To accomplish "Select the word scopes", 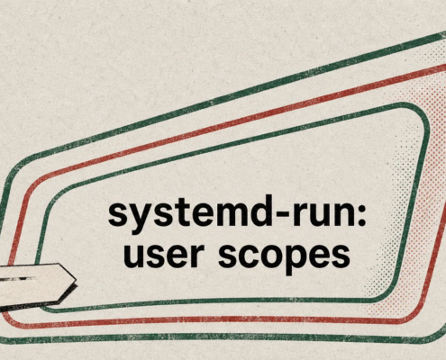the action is pyautogui.click(x=284, y=258).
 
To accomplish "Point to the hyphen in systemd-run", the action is pyautogui.click(x=279, y=215).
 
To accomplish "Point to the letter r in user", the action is pyautogui.click(x=192, y=255).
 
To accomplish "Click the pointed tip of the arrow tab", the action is pyautogui.click(x=77, y=280).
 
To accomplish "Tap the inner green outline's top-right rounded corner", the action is pyautogui.click(x=422, y=112).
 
